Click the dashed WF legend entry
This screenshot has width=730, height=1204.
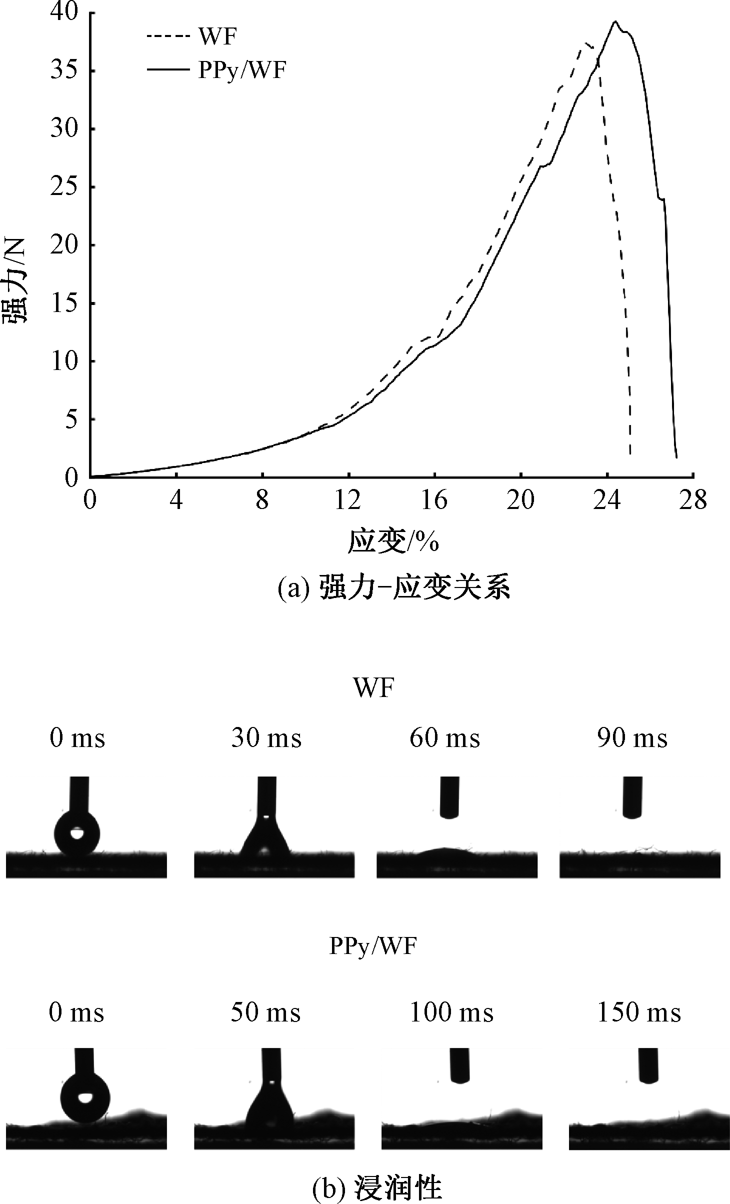click(x=192, y=36)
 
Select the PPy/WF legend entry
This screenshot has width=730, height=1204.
click(x=216, y=70)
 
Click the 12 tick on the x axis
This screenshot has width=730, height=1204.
click(x=348, y=499)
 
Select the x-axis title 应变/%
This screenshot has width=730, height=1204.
click(x=393, y=542)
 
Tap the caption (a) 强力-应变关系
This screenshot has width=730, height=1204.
click(x=393, y=588)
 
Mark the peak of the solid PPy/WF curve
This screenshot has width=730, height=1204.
click(x=615, y=21)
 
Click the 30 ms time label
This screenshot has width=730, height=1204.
click(x=266, y=738)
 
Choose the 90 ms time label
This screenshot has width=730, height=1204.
click(x=632, y=738)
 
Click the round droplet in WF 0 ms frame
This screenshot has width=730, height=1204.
click(x=76, y=834)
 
